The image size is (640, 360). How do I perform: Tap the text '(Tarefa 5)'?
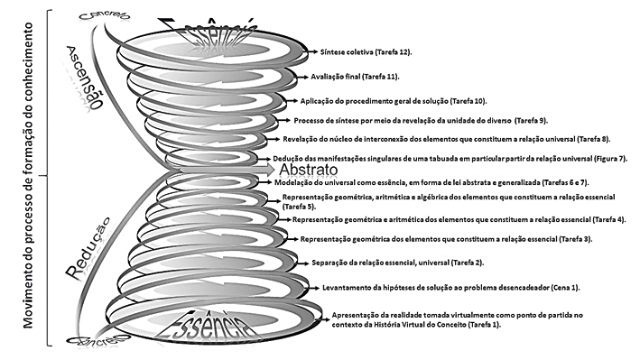click(x=301, y=207)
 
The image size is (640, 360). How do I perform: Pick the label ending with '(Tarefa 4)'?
click(x=460, y=219)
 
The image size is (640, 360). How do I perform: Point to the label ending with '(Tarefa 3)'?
click(x=446, y=239)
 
